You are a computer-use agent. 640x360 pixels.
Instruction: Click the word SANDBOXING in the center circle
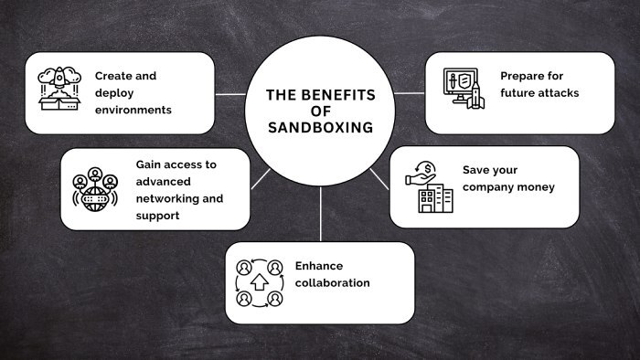click(320, 127)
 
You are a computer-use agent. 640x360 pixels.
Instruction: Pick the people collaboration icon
click(259, 282)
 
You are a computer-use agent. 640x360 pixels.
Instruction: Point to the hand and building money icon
click(429, 187)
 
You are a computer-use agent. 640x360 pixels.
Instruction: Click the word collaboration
click(332, 283)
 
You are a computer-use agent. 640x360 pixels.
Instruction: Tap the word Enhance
click(319, 266)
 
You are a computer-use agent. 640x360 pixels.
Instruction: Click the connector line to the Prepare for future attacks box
click(410, 93)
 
